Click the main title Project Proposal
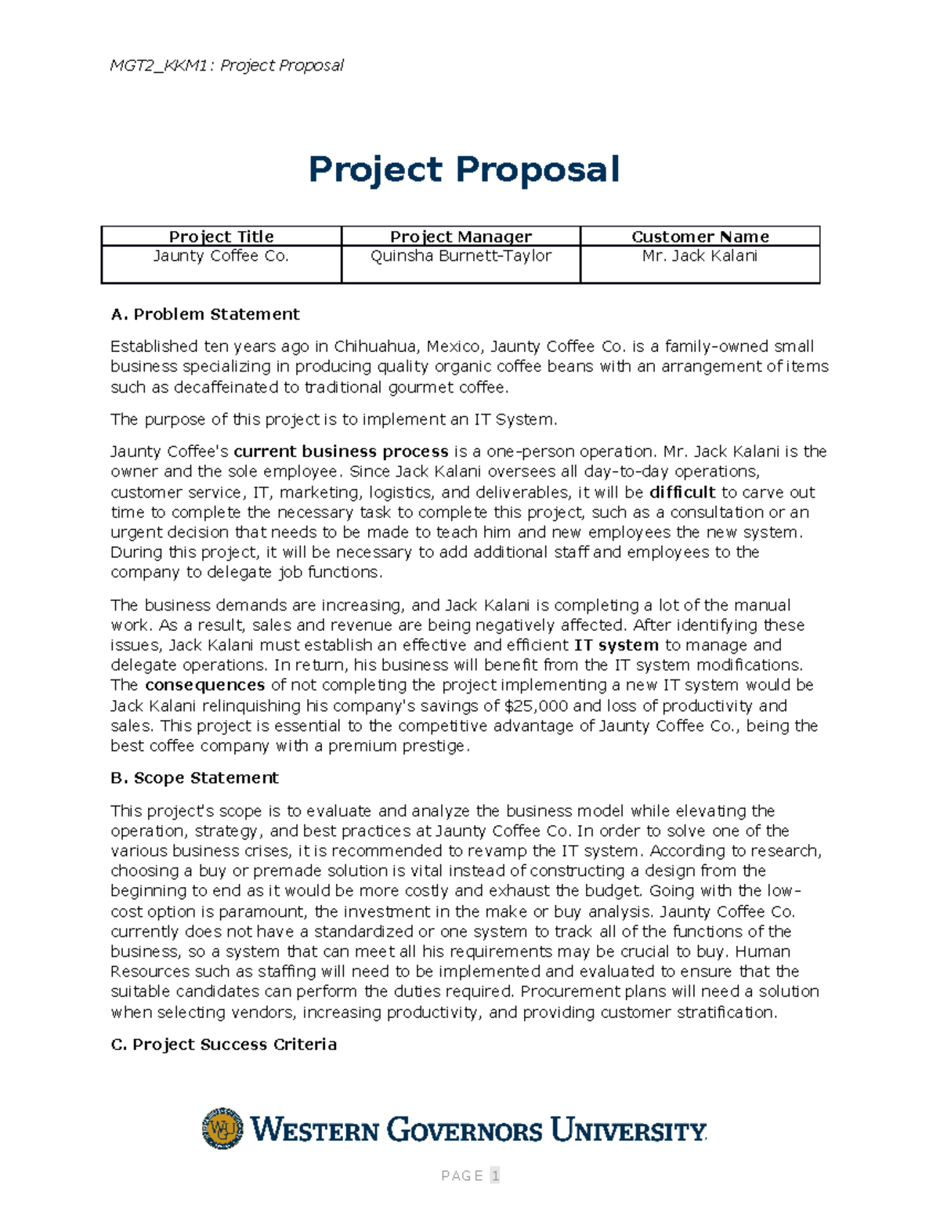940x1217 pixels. pyautogui.click(x=464, y=170)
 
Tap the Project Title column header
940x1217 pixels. pyautogui.click(x=222, y=237)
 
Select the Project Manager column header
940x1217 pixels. pyautogui.click(x=461, y=237)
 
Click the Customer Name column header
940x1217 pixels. pyautogui.click(x=700, y=237)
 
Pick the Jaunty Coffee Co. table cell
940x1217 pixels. pyautogui.click(x=222, y=256)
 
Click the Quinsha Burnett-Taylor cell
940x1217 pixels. pyautogui.click(x=461, y=256)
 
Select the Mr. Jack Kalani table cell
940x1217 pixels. pyautogui.click(x=700, y=256)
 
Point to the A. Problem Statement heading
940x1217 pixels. pyautogui.click(x=205, y=314)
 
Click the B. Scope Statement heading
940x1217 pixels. pyautogui.click(x=194, y=778)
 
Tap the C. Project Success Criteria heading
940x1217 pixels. pyautogui.click(x=224, y=1045)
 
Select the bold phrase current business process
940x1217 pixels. pyautogui.click(x=341, y=451)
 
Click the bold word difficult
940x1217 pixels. pyautogui.click(x=682, y=492)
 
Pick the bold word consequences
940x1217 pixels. pyautogui.click(x=204, y=685)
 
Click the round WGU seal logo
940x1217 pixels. pyautogui.click(x=222, y=1128)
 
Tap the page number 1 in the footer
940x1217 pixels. pyautogui.click(x=494, y=1175)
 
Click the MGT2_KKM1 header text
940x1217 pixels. pyautogui.click(x=159, y=65)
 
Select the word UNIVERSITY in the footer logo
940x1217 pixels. pyautogui.click(x=628, y=1131)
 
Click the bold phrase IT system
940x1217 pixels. pyautogui.click(x=616, y=645)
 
